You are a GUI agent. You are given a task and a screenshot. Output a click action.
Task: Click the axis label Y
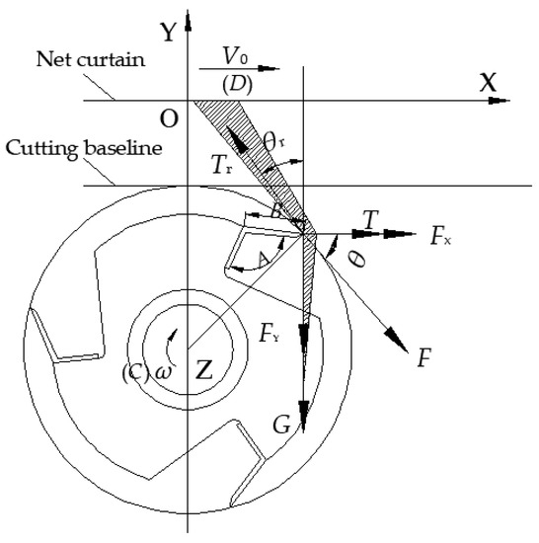pos(169,33)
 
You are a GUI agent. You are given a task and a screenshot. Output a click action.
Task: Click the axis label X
pos(488,82)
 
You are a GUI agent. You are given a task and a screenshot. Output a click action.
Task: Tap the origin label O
pos(169,119)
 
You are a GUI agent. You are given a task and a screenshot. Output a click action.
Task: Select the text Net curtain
pos(91,59)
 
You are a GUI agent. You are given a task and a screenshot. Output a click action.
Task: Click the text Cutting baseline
pos(84,149)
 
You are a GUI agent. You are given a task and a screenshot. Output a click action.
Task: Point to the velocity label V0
pos(235,56)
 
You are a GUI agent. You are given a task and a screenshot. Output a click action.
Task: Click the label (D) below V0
pos(237,85)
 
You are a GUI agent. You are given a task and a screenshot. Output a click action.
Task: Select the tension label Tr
pos(221,165)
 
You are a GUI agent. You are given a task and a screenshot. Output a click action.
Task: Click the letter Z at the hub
pos(204,370)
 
